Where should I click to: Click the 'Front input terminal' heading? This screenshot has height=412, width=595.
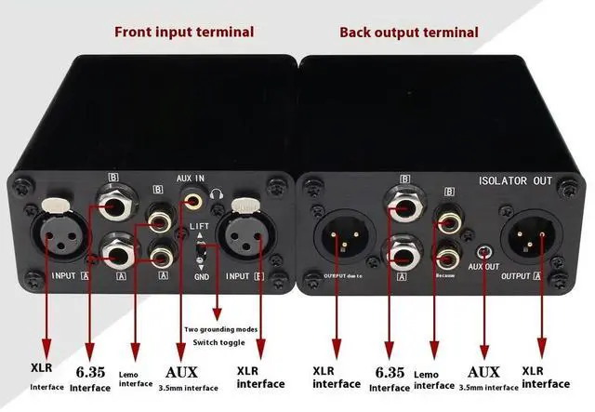coord(183,32)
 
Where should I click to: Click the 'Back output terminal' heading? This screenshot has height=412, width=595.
coord(409,32)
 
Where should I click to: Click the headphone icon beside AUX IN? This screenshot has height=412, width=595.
coord(217,193)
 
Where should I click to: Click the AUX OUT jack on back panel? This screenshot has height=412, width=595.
coord(483,252)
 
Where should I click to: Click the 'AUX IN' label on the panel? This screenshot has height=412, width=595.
coord(192,177)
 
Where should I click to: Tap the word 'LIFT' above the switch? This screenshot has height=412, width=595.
coord(200,226)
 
